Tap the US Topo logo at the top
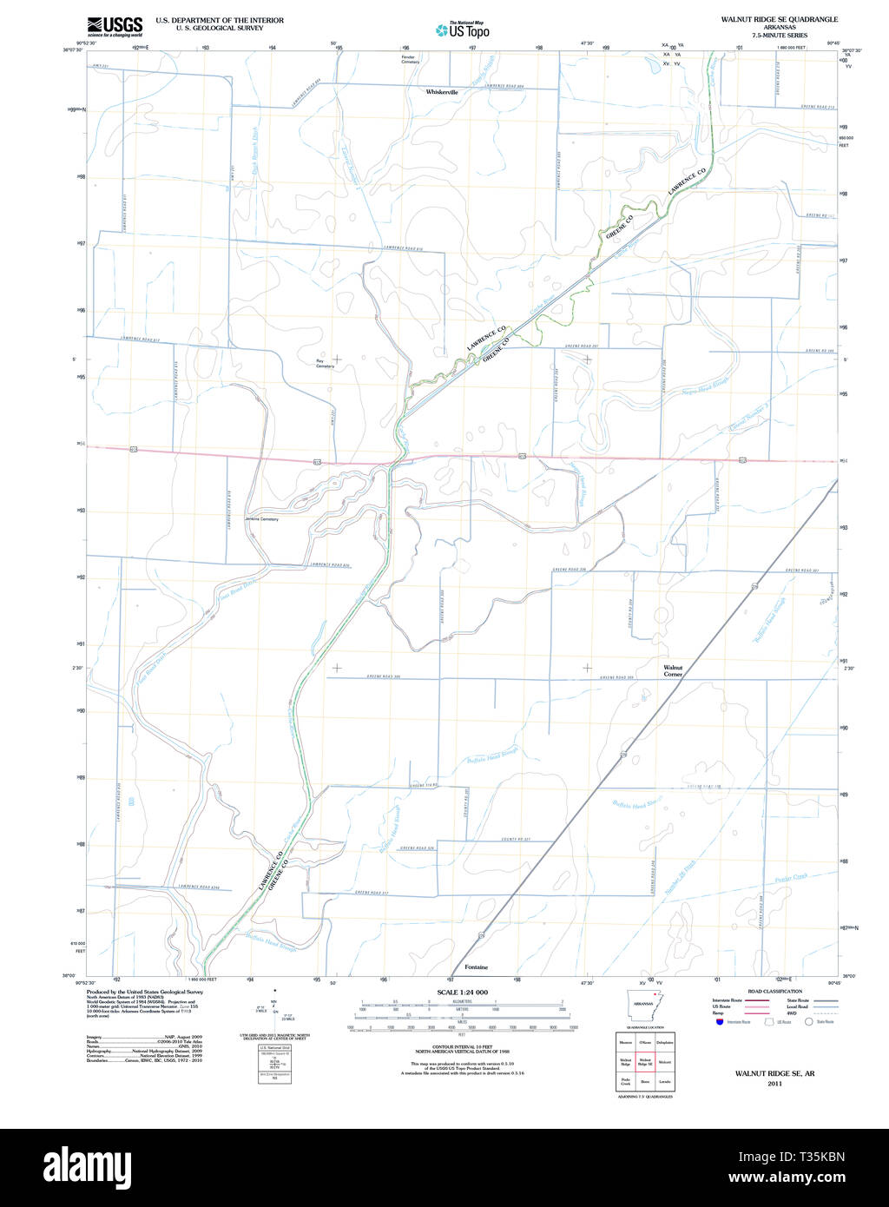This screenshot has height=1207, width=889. [x=464, y=30]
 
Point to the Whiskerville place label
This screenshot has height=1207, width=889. [x=442, y=91]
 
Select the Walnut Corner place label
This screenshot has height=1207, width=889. [x=673, y=671]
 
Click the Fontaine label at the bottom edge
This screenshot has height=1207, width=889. [x=476, y=967]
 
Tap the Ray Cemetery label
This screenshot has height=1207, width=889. [x=325, y=363]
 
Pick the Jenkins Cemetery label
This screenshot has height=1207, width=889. [x=262, y=519]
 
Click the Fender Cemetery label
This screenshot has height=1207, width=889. [x=410, y=60]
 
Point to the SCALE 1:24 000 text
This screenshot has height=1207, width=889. [x=463, y=993]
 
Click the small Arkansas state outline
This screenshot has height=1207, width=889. [x=643, y=1001]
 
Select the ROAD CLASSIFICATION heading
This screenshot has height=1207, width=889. [x=774, y=991]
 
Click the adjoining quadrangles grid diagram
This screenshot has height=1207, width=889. [x=643, y=1061]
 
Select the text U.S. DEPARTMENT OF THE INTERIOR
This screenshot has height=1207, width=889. [x=220, y=19]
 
